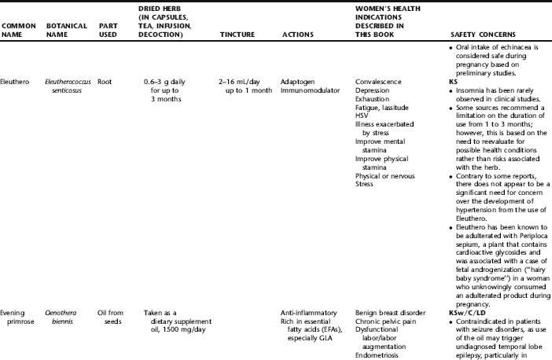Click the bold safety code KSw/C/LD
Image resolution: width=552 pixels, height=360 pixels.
[464, 312]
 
